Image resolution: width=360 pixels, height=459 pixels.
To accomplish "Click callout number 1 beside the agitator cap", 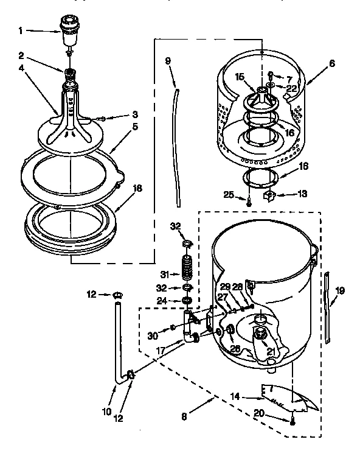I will [x=21, y=29].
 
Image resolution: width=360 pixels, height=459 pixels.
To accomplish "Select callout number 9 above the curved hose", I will [x=169, y=61].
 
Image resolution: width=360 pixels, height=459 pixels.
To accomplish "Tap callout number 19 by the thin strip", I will [x=341, y=290].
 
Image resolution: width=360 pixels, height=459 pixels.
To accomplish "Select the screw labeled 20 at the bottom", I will [x=293, y=420].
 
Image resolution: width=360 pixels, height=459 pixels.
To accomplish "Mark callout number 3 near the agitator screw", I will [x=136, y=114].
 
